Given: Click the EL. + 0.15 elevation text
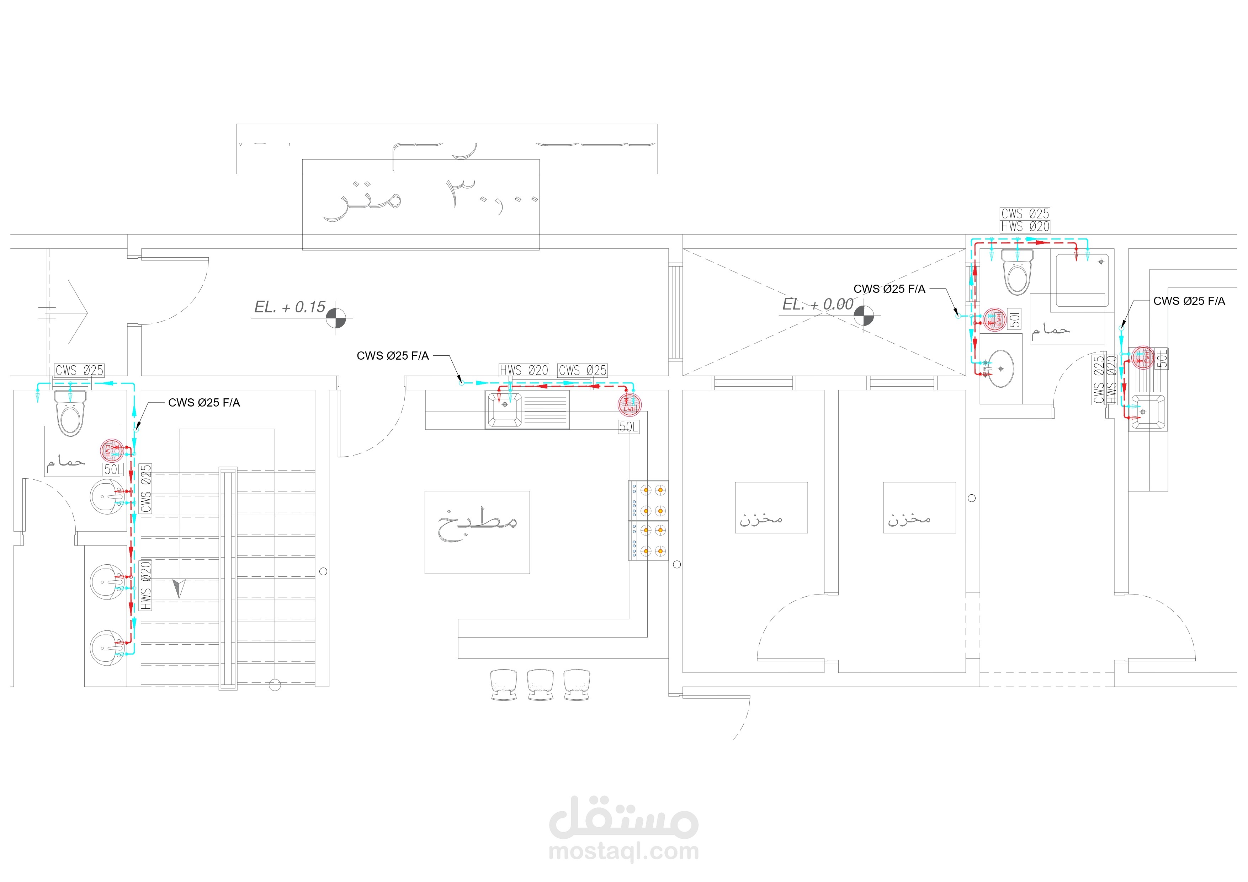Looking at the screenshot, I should [x=290, y=307].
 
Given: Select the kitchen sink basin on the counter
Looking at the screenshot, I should [x=504, y=409].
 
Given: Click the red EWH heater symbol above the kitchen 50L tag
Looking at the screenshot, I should [x=630, y=404].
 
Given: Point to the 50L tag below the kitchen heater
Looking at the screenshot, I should [x=629, y=427].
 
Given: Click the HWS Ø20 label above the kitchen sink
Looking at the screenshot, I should [x=524, y=370].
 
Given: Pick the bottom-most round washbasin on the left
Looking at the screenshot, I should [x=107, y=648].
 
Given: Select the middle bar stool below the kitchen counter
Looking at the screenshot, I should [x=540, y=684].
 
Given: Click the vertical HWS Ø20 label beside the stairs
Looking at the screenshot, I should [x=146, y=586].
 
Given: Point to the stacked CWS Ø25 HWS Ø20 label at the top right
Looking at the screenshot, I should [x=1025, y=220].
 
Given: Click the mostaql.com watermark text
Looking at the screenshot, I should [x=623, y=851].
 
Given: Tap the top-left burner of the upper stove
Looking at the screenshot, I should [x=646, y=490].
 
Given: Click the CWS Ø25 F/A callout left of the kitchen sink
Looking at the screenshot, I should [x=392, y=356].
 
